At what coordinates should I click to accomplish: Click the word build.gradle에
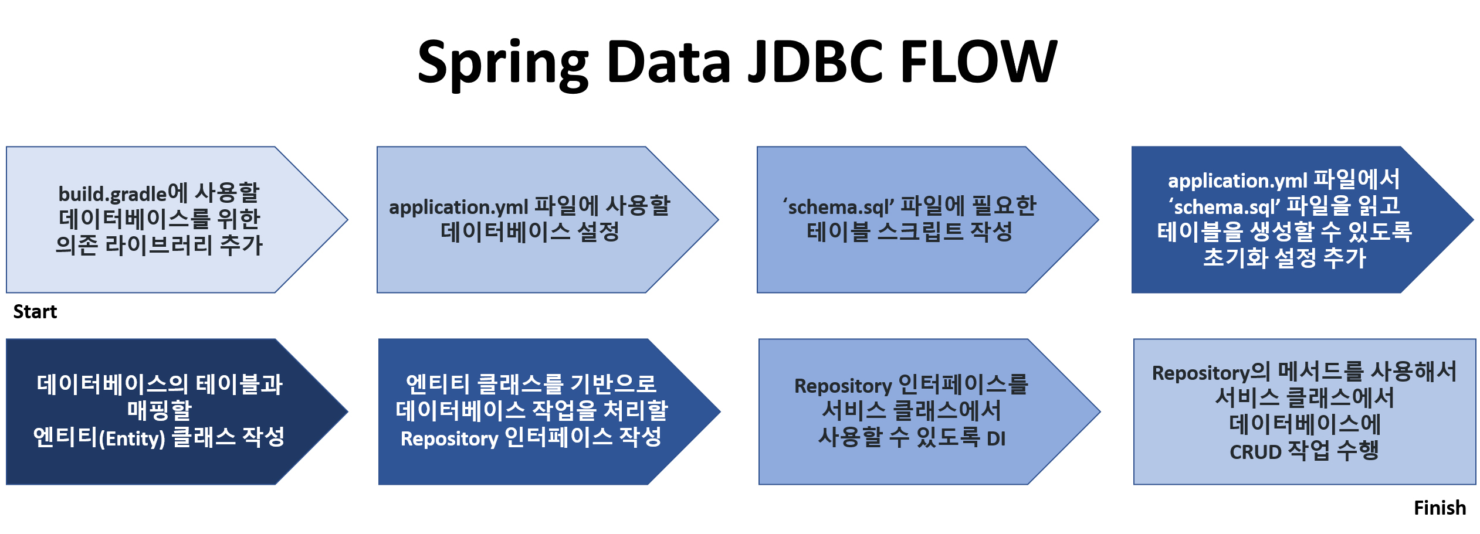[x=123, y=193]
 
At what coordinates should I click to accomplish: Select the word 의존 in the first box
[x=76, y=245]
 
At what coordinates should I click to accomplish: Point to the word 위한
[x=238, y=219]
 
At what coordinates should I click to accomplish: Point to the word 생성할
[x=1283, y=232]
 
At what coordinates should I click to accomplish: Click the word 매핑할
[x=160, y=410]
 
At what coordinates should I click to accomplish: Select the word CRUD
[x=1255, y=452]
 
